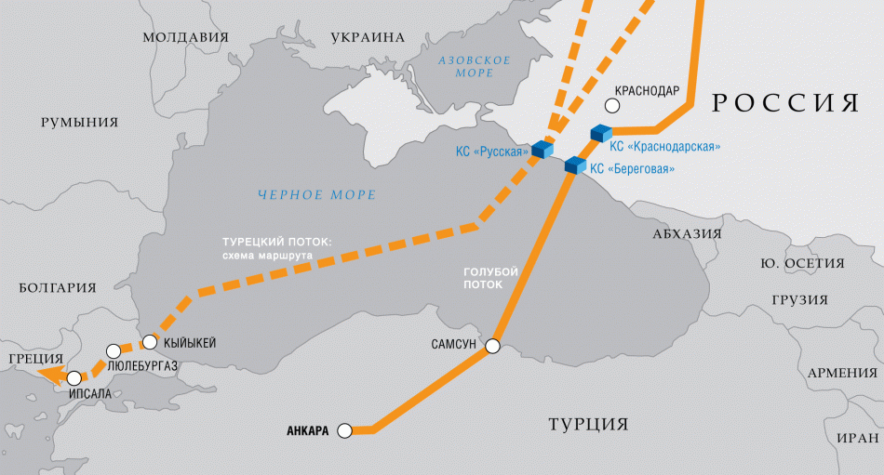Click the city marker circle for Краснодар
coord(611,107)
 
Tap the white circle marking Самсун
coord(492,347)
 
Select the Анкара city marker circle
coord(345,430)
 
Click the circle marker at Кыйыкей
coord(149,340)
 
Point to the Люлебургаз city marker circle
coord(114,351)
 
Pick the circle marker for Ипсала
coord(74,378)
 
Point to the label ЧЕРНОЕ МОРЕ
coord(316,195)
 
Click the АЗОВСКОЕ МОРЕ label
coord(475,68)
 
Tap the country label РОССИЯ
coord(785,103)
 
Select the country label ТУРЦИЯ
coord(587,425)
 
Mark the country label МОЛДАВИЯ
coord(185,37)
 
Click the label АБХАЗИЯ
coord(687,234)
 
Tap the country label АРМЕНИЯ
coord(842,373)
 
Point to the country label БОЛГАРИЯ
coord(57,288)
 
